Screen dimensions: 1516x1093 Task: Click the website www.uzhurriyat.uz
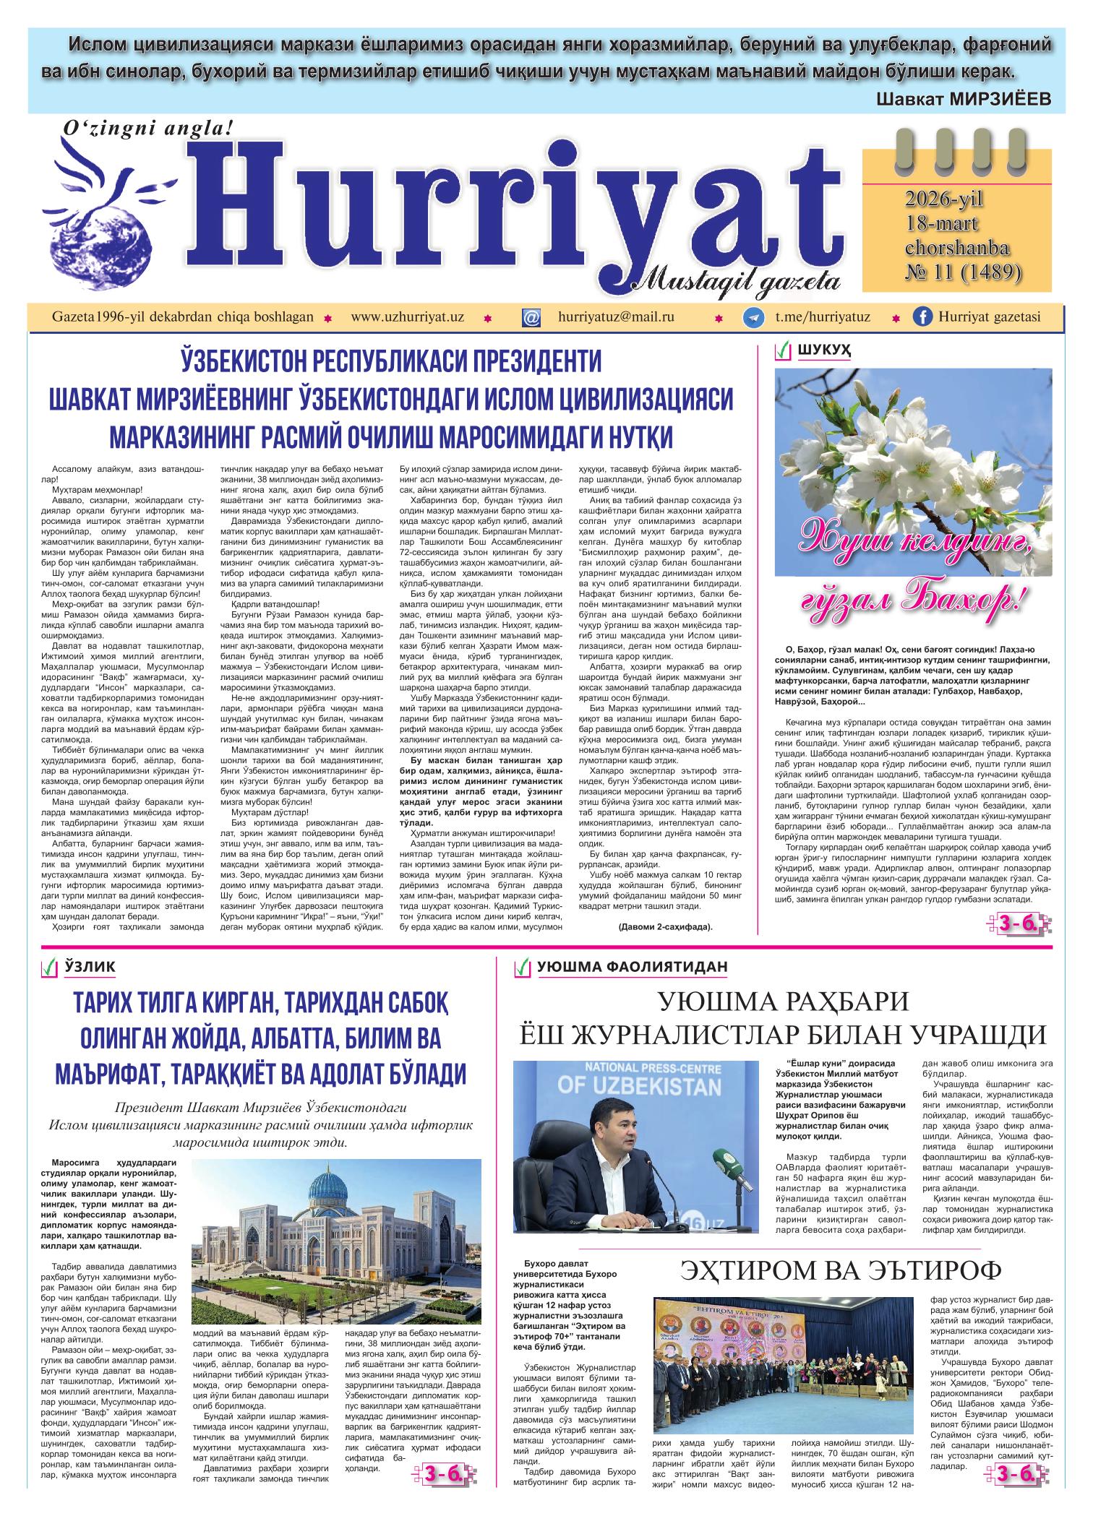coord(407,317)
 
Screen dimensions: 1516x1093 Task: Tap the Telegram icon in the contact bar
coord(754,318)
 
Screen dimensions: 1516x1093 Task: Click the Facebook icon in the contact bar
coord(922,317)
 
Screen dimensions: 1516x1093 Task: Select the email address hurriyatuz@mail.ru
coord(616,317)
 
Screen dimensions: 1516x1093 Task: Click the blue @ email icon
coord(531,318)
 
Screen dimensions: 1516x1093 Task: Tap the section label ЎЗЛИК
coord(90,966)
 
